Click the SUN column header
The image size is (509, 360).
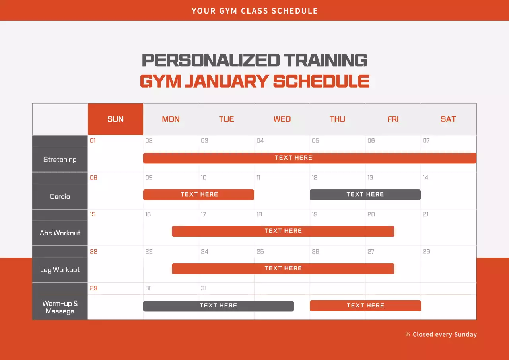coord(115,119)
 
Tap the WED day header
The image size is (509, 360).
coord(282,119)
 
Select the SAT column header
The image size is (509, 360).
coord(448,119)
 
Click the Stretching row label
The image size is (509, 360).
coord(60,160)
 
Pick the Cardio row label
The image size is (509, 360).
coord(60,197)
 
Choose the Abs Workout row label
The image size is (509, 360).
coord(60,233)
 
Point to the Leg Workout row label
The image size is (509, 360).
coord(60,270)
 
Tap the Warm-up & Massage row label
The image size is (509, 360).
coord(60,307)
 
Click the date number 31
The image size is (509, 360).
coord(204,288)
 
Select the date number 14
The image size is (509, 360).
coord(425,178)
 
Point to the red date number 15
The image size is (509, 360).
coord(93,214)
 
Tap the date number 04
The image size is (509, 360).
coord(260,141)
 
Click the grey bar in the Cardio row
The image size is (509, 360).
coord(365,195)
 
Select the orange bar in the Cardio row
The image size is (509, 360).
coord(198,195)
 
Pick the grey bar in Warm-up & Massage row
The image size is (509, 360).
coord(218,306)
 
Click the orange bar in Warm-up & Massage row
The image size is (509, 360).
coord(365,306)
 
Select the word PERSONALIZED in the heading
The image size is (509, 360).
coord(210,60)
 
